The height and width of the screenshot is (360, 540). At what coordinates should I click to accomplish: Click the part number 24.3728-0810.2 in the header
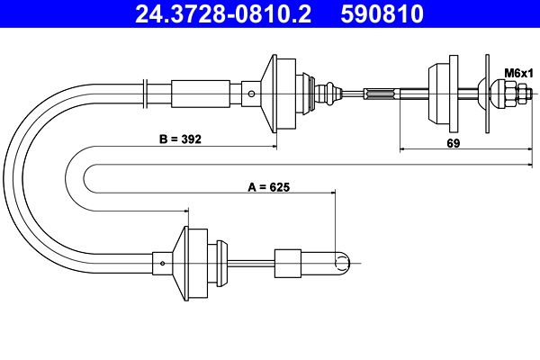[x=223, y=13]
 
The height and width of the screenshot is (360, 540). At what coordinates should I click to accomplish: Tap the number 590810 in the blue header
[x=382, y=13]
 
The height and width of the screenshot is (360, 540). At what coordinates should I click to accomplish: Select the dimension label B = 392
[x=180, y=139]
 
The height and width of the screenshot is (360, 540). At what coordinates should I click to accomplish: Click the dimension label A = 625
[x=269, y=187]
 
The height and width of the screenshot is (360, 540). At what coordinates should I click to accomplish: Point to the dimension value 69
[x=454, y=143]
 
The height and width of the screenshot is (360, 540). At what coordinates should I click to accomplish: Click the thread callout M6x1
[x=518, y=73]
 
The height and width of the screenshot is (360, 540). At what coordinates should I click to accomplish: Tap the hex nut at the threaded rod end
[x=523, y=94]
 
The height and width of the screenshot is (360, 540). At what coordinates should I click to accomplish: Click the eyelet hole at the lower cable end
[x=341, y=264]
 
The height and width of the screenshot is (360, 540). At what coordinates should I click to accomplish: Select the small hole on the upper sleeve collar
[x=251, y=94]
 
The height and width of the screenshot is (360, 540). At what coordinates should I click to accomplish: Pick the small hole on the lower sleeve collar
[x=163, y=264]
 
